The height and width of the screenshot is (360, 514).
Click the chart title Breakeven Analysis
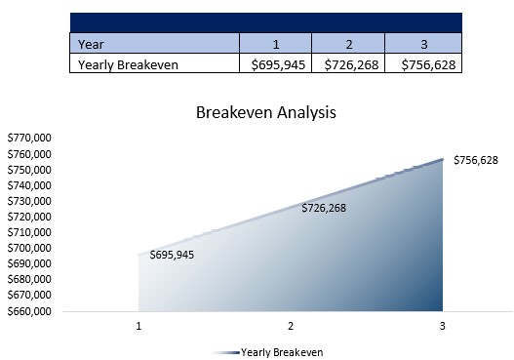[265, 112]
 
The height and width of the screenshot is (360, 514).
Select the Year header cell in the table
[155, 43]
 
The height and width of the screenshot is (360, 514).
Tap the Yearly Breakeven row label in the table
[155, 63]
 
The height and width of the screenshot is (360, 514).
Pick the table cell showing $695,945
[275, 63]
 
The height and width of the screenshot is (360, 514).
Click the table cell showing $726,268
[348, 63]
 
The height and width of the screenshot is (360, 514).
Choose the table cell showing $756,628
[422, 63]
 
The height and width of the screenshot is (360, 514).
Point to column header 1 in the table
[275, 43]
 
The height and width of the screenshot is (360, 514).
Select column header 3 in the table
[422, 43]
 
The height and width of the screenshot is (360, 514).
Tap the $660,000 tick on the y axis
[29, 311]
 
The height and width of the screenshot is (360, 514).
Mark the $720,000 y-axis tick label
[29, 217]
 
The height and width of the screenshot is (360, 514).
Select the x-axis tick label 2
[291, 326]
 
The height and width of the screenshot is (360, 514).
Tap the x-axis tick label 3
[442, 326]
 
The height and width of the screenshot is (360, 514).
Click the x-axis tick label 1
[139, 326]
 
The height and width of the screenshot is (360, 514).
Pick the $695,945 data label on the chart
[172, 255]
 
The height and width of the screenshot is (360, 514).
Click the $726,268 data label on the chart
[323, 208]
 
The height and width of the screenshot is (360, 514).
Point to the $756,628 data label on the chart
[476, 159]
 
